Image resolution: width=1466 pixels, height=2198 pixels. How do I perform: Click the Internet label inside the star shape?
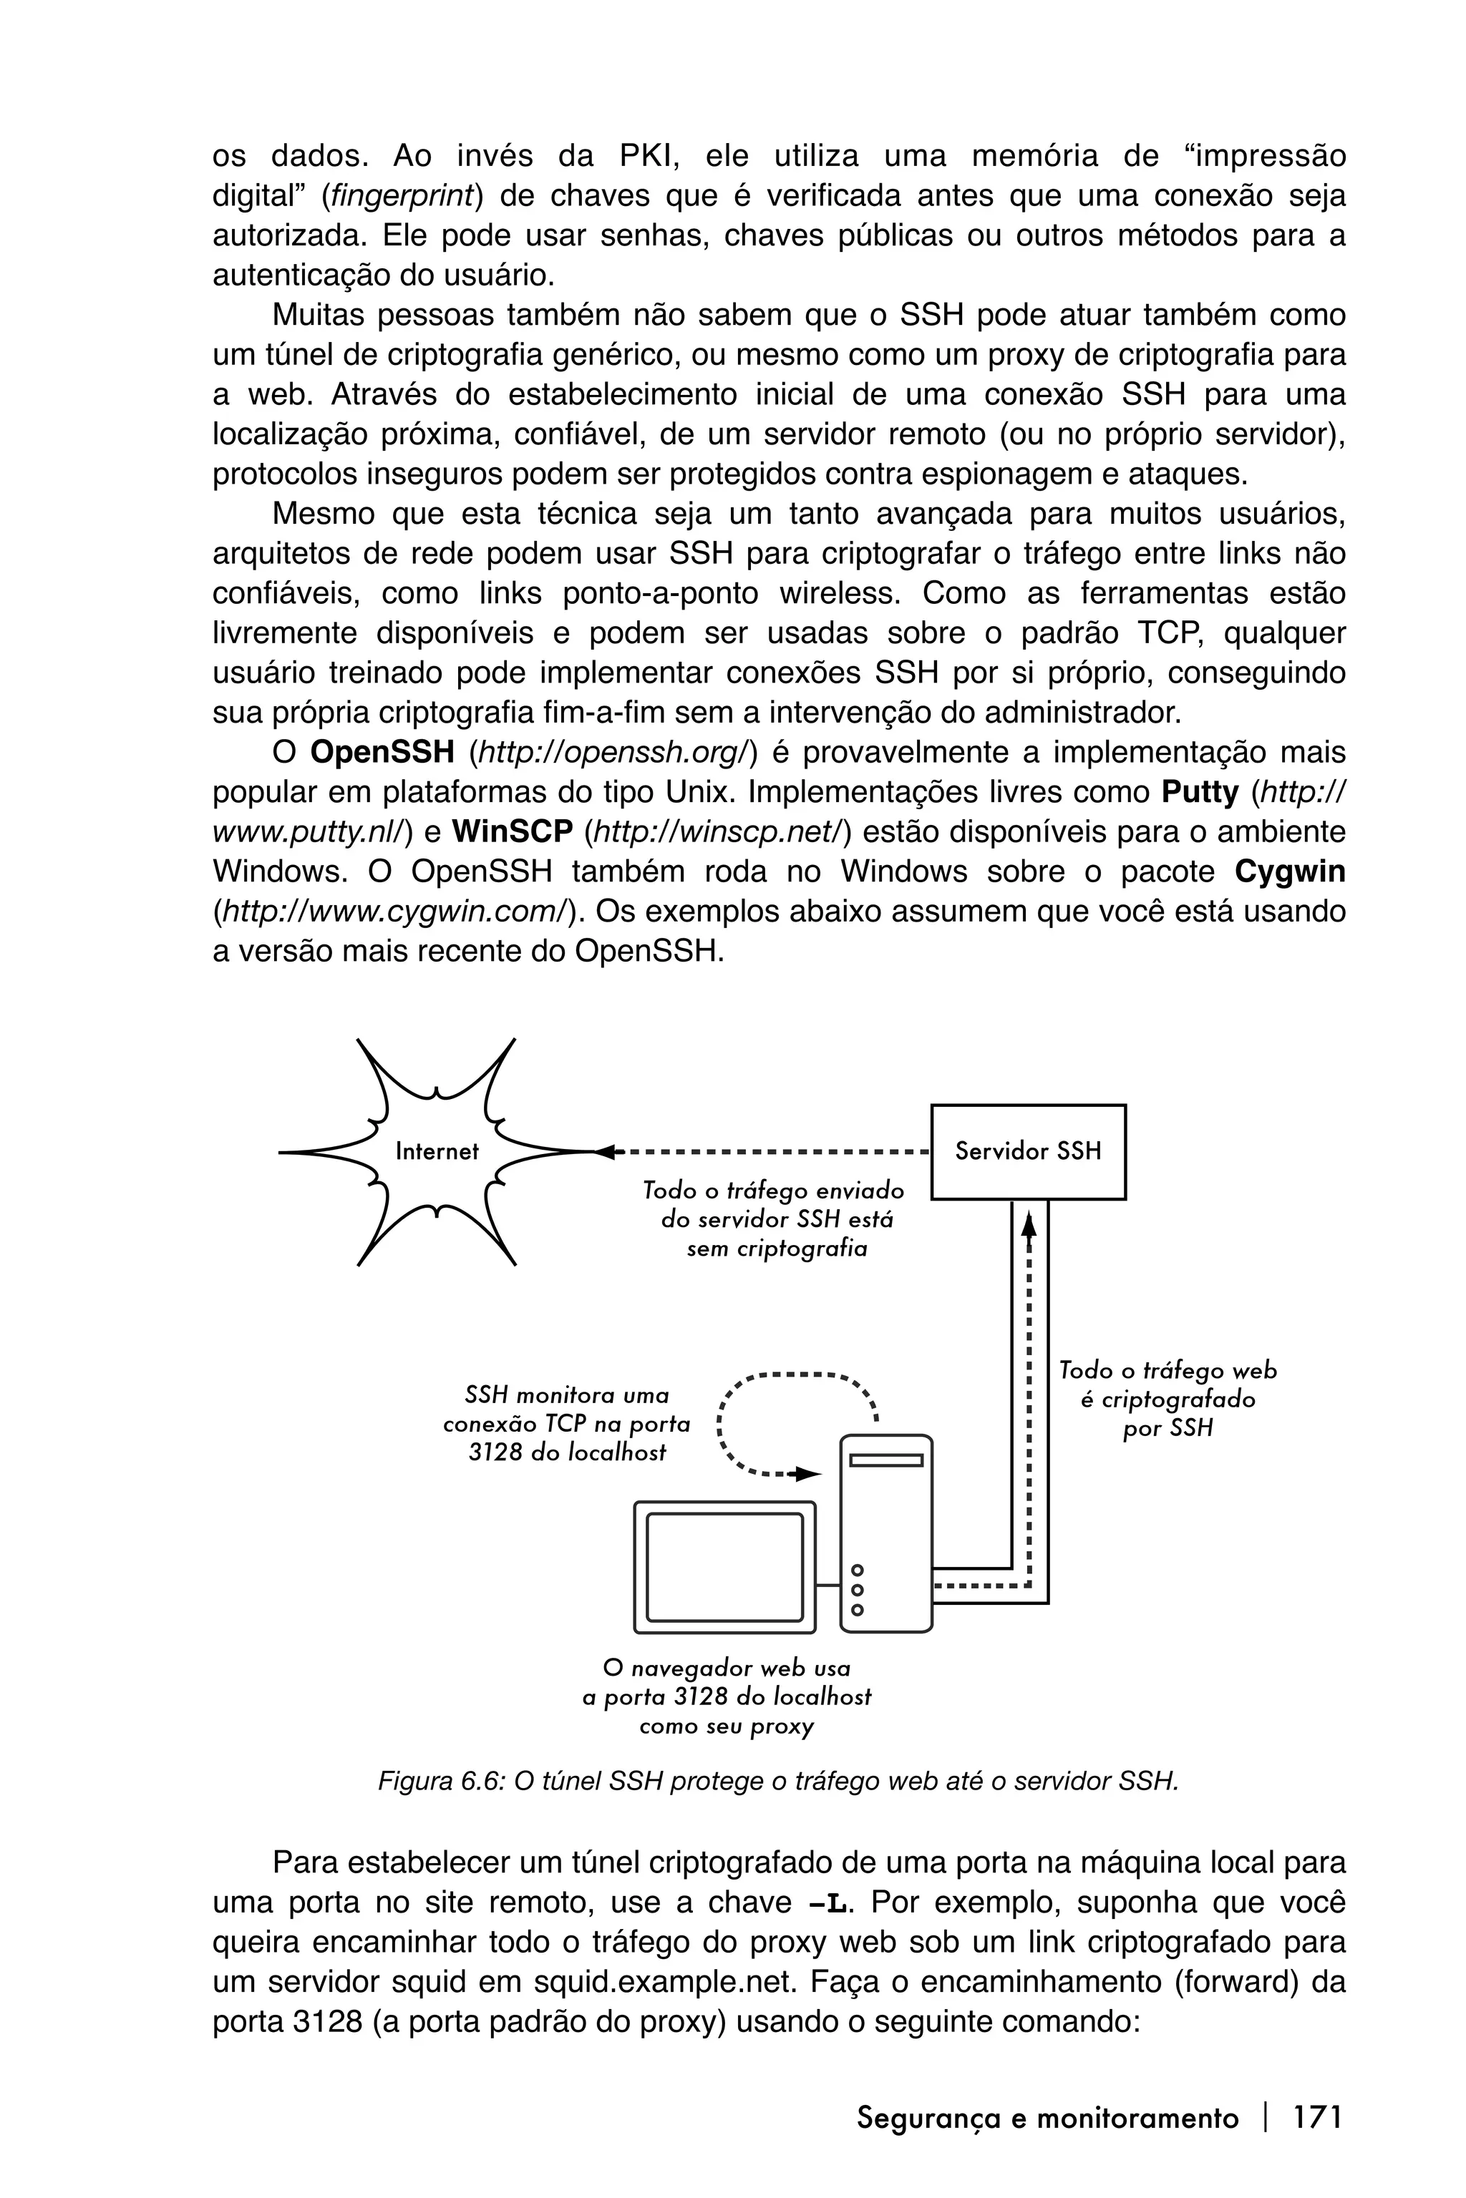[x=437, y=1151]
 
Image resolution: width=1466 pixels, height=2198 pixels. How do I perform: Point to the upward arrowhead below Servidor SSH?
[x=1029, y=1224]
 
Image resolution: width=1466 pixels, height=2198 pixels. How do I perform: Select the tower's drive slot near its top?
[x=885, y=1460]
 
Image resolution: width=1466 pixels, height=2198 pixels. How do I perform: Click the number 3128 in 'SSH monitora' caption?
[x=495, y=1453]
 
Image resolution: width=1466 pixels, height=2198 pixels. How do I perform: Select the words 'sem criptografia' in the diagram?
[x=776, y=1249]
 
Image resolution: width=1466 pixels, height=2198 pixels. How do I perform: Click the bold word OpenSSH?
[x=382, y=752]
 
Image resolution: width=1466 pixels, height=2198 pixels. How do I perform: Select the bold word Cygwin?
[x=1289, y=872]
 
